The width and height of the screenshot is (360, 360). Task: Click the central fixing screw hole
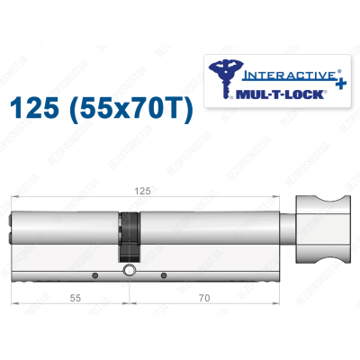[x=130, y=270]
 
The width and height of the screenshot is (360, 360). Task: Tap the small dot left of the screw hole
[x=94, y=274]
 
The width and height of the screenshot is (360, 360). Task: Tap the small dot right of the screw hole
[x=165, y=274]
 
